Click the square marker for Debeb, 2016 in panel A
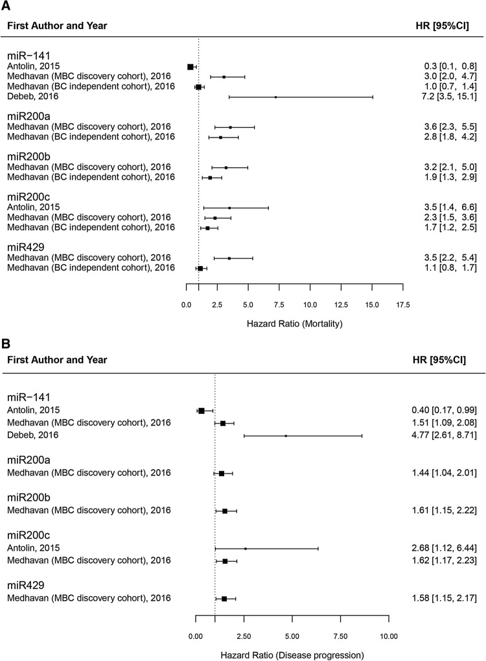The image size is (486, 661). point(275,97)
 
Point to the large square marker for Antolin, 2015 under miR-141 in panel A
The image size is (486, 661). point(191,67)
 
